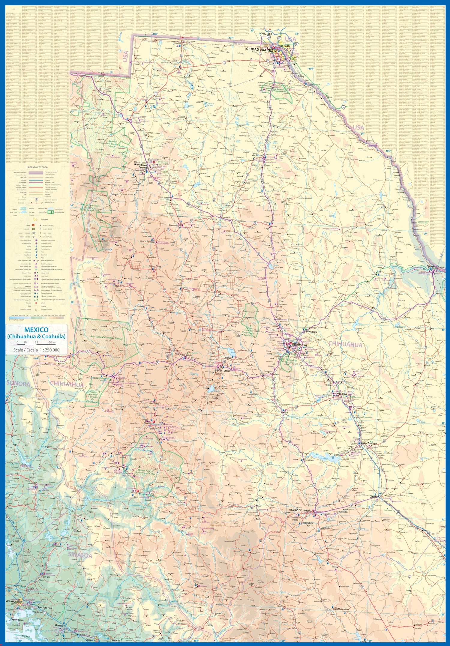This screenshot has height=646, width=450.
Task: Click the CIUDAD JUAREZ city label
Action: (x=259, y=49)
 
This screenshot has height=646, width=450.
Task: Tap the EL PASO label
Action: (x=285, y=46)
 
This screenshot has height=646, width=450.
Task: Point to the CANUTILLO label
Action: (x=265, y=34)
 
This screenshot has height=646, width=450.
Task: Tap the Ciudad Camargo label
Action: (x=368, y=443)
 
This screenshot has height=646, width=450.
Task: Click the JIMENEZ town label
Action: (x=374, y=497)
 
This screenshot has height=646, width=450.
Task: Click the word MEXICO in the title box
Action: (x=36, y=330)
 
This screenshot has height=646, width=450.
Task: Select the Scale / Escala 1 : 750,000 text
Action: (x=36, y=350)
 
